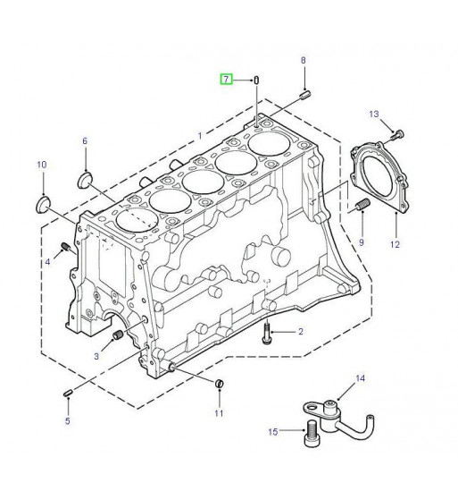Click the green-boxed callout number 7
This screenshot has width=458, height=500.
(x=226, y=79)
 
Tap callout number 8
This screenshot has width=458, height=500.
(x=303, y=60)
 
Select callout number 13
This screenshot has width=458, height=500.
(x=374, y=114)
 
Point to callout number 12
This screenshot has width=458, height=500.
(x=395, y=244)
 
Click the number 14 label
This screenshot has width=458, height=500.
(x=360, y=378)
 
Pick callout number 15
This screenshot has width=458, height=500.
(x=273, y=432)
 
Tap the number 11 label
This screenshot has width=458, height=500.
(x=219, y=413)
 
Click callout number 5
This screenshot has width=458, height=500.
(x=68, y=420)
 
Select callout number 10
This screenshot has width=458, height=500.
(x=42, y=165)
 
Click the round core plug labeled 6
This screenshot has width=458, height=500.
(x=86, y=180)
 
